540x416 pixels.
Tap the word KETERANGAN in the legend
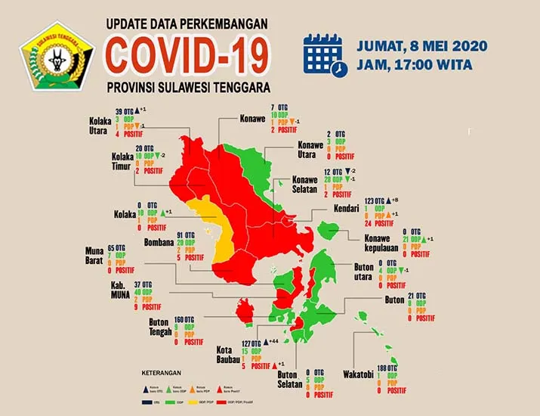click(x=162, y=374)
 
